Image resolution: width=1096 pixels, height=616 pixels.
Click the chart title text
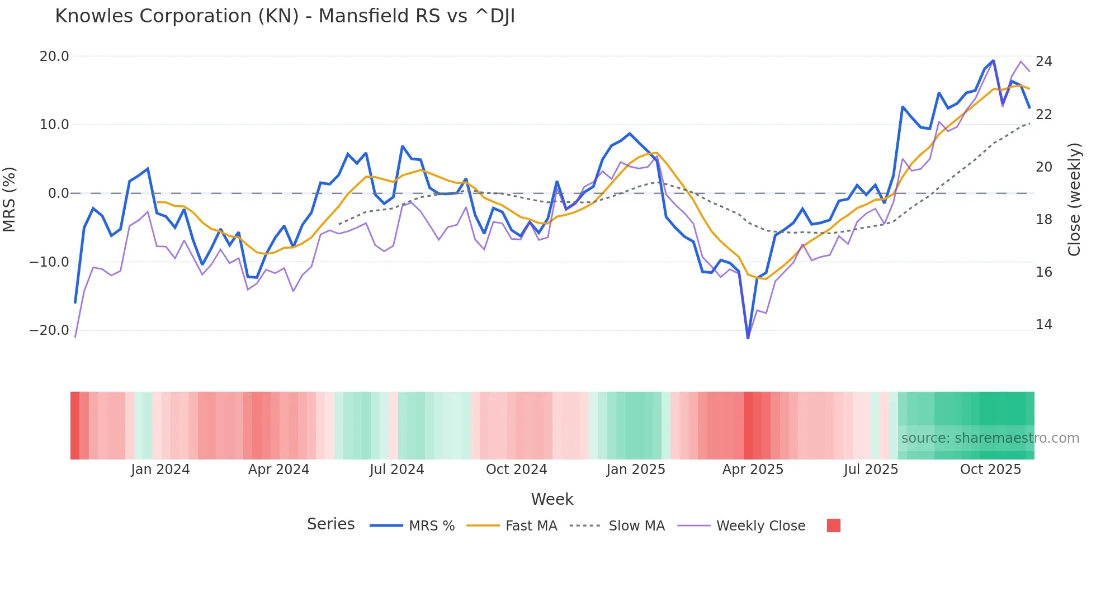pyautogui.click(x=285, y=16)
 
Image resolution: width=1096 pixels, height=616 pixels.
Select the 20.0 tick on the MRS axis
pyautogui.click(x=54, y=56)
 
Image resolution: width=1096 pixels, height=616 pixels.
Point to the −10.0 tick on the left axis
pyautogui.click(x=49, y=262)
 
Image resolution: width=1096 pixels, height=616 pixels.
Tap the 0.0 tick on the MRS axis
pyautogui.click(x=59, y=193)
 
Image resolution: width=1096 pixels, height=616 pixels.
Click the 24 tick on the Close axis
pyautogui.click(x=1043, y=61)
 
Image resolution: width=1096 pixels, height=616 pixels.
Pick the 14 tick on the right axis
pyautogui.click(x=1043, y=325)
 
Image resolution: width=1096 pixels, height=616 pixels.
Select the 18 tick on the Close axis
pyautogui.click(x=1043, y=220)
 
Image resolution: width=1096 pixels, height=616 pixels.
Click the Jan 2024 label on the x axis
pyautogui.click(x=160, y=470)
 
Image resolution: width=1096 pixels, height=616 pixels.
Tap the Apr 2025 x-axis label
pyautogui.click(x=753, y=470)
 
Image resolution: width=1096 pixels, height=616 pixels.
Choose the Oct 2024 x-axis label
pyautogui.click(x=516, y=470)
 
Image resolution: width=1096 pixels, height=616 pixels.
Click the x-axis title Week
pyautogui.click(x=552, y=499)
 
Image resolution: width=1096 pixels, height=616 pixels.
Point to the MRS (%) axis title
pyautogui.click(x=10, y=199)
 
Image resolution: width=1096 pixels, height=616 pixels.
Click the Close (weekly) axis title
pyautogui.click(x=1074, y=199)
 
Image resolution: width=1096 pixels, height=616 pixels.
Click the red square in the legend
pyautogui.click(x=833, y=525)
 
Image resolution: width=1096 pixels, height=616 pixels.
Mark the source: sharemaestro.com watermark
pyautogui.click(x=990, y=438)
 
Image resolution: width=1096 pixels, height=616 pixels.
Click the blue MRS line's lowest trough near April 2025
pyautogui.click(x=748, y=337)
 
